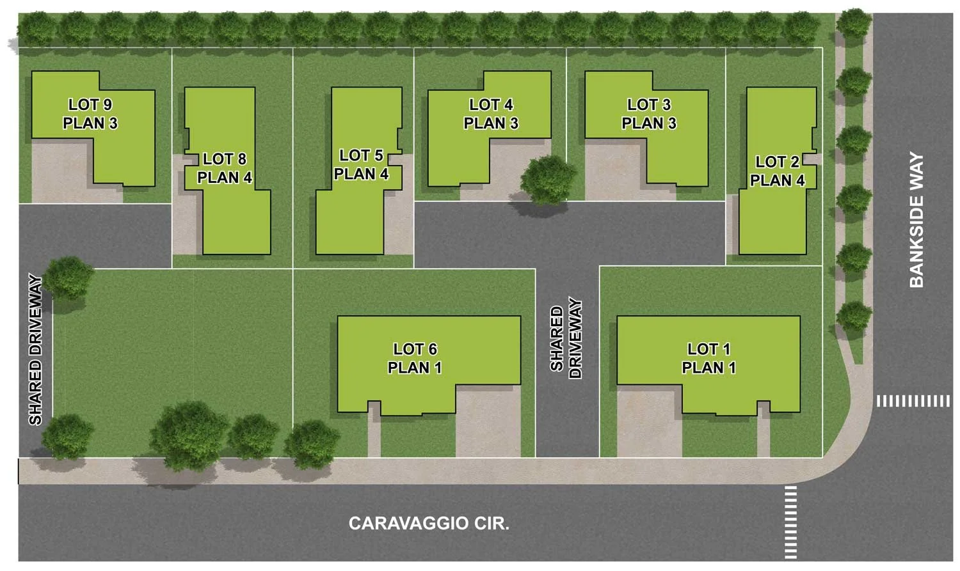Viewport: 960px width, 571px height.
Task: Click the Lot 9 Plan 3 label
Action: point(90,114)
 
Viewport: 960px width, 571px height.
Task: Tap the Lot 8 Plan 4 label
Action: point(225,168)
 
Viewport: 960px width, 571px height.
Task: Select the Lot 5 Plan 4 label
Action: point(361,165)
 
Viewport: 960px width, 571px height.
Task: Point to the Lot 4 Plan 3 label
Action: point(491,114)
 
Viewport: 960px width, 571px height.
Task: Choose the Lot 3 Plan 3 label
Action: point(649,114)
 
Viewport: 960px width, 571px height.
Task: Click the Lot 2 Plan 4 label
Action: point(777,171)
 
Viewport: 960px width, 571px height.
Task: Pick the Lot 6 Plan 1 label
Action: point(415,358)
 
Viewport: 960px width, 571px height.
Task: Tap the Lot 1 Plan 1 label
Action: point(708,358)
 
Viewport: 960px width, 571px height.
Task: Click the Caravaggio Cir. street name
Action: point(429,524)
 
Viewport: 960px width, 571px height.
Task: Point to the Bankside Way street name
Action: point(917,220)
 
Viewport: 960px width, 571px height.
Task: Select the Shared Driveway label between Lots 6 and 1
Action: point(566,339)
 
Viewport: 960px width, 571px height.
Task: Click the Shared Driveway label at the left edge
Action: point(36,350)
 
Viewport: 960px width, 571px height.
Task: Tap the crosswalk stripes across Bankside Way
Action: point(913,401)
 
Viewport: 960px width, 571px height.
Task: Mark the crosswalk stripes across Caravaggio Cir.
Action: point(791,522)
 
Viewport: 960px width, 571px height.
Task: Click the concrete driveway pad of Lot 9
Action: point(61,173)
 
